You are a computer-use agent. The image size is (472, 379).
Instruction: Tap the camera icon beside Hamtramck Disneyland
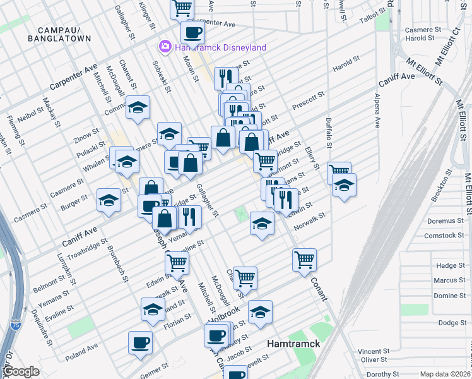[165, 47]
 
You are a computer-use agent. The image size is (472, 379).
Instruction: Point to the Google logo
[20, 372]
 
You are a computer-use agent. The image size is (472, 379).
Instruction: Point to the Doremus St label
[445, 221]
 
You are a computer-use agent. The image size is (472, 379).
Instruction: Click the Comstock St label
[444, 236]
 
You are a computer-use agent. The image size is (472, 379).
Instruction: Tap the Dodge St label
[452, 323]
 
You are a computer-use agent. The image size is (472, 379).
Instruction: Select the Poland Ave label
[81, 348]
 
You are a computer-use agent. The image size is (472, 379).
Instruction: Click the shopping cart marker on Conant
[304, 259]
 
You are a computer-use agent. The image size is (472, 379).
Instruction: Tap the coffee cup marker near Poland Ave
[140, 342]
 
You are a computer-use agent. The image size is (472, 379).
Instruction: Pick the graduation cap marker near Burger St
[109, 200]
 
